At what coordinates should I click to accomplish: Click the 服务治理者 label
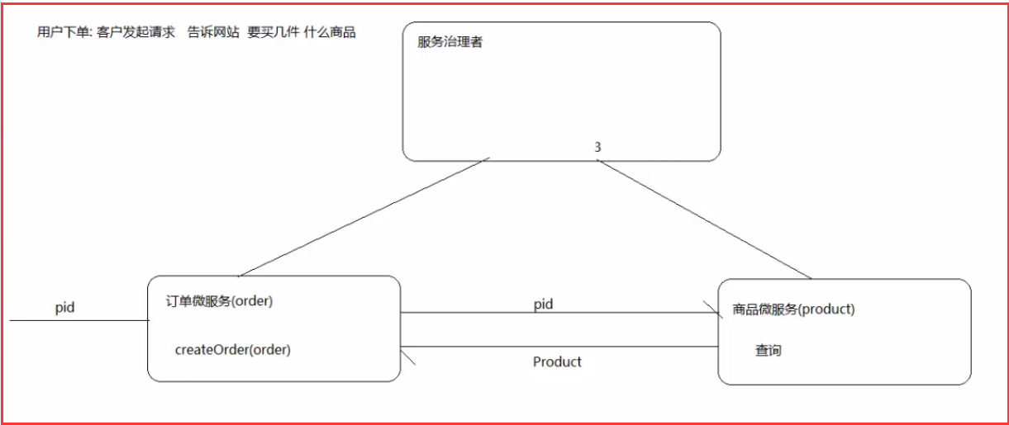[450, 42]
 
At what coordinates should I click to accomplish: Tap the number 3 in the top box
[597, 147]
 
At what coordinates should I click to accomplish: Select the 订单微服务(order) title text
[220, 301]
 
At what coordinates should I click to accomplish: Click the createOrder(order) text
[233, 350]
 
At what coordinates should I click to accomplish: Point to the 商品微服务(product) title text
[793, 309]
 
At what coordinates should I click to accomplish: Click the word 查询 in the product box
[768, 351]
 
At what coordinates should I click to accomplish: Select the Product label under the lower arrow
[557, 362]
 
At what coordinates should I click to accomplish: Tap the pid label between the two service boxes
[543, 305]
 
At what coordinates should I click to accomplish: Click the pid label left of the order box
[64, 308]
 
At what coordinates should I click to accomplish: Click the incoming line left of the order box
[79, 320]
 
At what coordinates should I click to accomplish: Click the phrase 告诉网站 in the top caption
[213, 33]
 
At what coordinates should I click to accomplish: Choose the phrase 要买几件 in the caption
[274, 33]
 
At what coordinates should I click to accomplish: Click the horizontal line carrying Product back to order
[562, 347]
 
